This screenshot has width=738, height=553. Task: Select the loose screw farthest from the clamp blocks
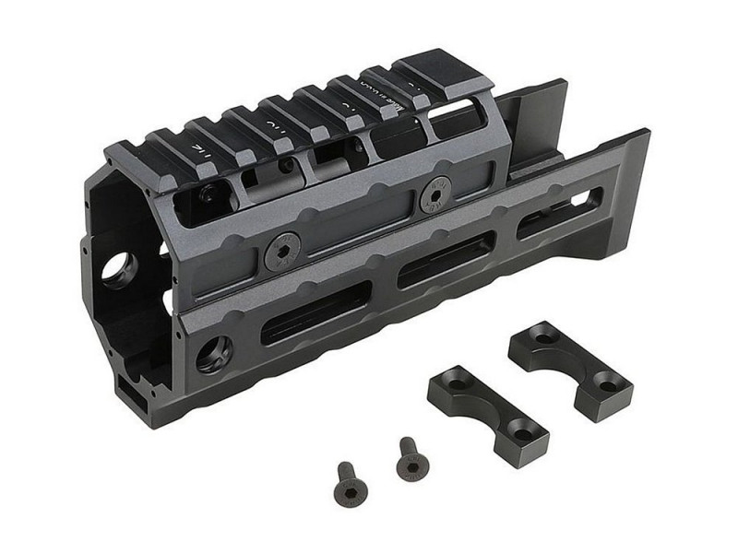[x=349, y=482]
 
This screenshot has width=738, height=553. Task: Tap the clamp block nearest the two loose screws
[x=487, y=414]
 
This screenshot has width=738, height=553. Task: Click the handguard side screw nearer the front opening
[x=281, y=252]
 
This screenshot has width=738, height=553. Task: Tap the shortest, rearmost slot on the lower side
[x=559, y=213]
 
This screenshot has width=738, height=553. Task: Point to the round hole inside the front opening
[x=121, y=268]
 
